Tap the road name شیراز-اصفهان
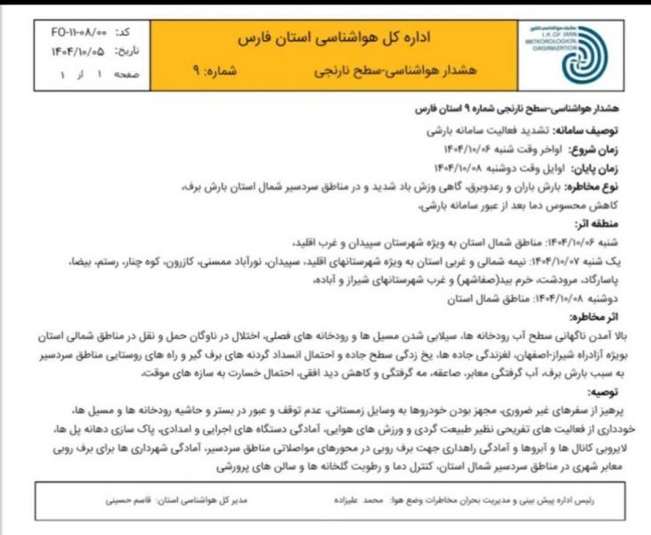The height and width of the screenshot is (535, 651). click(514, 354)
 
